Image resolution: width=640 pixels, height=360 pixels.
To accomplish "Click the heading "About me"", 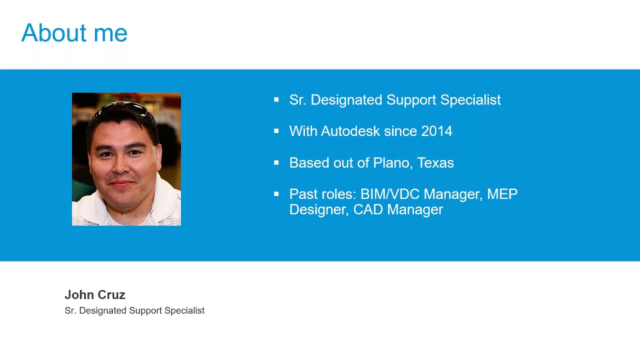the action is click(74, 33).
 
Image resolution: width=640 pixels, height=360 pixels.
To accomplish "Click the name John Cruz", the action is click(95, 295).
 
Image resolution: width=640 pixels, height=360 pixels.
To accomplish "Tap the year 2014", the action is click(436, 131).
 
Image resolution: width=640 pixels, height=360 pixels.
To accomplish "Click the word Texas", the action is click(435, 163).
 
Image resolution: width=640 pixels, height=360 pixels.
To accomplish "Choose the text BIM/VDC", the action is click(390, 194).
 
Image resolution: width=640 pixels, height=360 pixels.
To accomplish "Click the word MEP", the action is click(502, 194).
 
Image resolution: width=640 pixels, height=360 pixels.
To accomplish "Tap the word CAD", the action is click(368, 209).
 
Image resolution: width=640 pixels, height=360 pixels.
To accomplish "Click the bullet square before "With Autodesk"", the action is click(276, 131).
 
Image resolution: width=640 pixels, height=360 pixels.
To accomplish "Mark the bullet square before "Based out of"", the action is click(276, 163).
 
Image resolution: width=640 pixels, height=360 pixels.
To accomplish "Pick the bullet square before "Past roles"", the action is click(276, 194).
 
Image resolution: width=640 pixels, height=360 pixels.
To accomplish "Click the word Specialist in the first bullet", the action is click(470, 100).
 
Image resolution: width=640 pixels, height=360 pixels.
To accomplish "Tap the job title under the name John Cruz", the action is click(134, 310).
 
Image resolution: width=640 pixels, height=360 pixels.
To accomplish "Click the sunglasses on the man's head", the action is click(123, 109).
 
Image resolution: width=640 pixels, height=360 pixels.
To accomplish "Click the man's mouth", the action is click(121, 183).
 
